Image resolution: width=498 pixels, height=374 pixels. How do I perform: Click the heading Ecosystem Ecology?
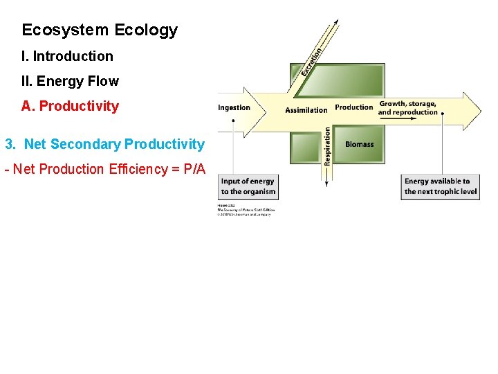point(100,30)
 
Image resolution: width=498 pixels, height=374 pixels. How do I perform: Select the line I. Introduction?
point(67,56)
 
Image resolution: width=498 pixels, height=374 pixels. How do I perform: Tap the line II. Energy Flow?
point(70,81)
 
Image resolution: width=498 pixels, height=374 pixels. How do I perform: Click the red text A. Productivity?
point(70,106)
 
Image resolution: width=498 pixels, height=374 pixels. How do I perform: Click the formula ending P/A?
point(104,169)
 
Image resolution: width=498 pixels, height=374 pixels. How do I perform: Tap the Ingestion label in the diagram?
point(234,107)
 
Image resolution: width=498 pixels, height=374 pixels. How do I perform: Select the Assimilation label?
point(306,109)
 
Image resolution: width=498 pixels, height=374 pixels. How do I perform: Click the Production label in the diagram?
point(354,107)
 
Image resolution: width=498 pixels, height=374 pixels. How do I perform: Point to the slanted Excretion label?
point(311,61)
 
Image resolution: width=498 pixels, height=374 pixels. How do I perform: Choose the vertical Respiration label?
point(327,146)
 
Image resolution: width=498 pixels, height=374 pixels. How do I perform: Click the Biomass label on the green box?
point(359,144)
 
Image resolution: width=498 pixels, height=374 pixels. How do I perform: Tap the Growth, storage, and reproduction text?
point(407,108)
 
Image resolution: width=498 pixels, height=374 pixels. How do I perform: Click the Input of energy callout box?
point(248,186)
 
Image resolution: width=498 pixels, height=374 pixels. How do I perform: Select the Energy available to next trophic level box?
point(441,186)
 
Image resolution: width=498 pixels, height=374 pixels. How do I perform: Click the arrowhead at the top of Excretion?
point(337,22)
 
